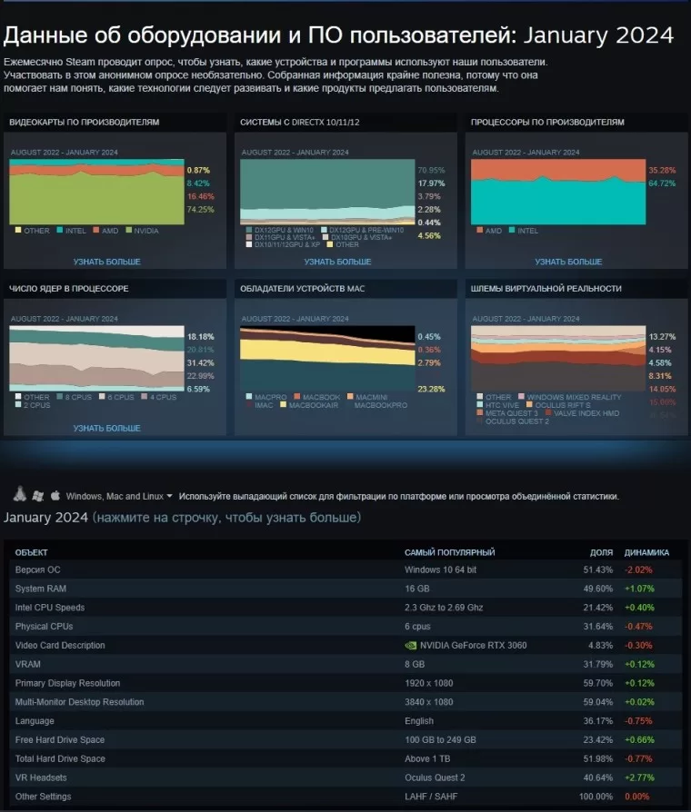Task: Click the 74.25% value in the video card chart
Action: [200, 209]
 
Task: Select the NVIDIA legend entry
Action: [145, 231]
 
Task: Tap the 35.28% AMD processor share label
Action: [662, 170]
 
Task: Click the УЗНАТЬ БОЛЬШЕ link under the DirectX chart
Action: [337, 262]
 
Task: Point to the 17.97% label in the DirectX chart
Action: [431, 183]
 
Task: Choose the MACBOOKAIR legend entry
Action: [313, 404]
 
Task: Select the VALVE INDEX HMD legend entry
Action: [586, 413]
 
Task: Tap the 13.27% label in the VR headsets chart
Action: [662, 337]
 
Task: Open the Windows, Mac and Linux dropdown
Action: [119, 497]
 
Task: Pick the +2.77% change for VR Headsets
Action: [639, 777]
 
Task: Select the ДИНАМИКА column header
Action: [646, 552]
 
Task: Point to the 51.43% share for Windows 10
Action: [598, 569]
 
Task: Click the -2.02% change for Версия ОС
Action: [638, 569]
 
